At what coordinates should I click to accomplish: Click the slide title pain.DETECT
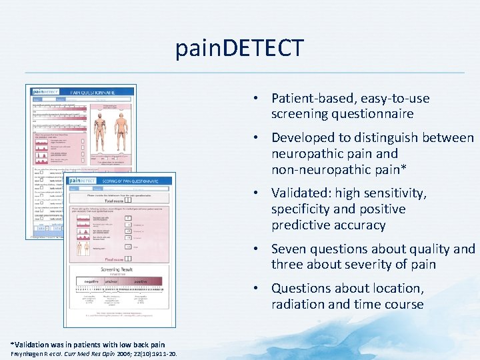pos(239,48)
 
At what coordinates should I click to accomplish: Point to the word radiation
pos(300,305)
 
